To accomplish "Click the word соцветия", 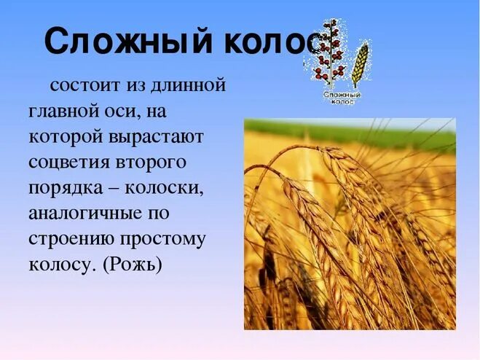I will coord(71,162).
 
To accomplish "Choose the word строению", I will coord(71,239).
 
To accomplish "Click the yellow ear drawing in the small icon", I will coord(361,63).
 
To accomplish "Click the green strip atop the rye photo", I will coord(350,133).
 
